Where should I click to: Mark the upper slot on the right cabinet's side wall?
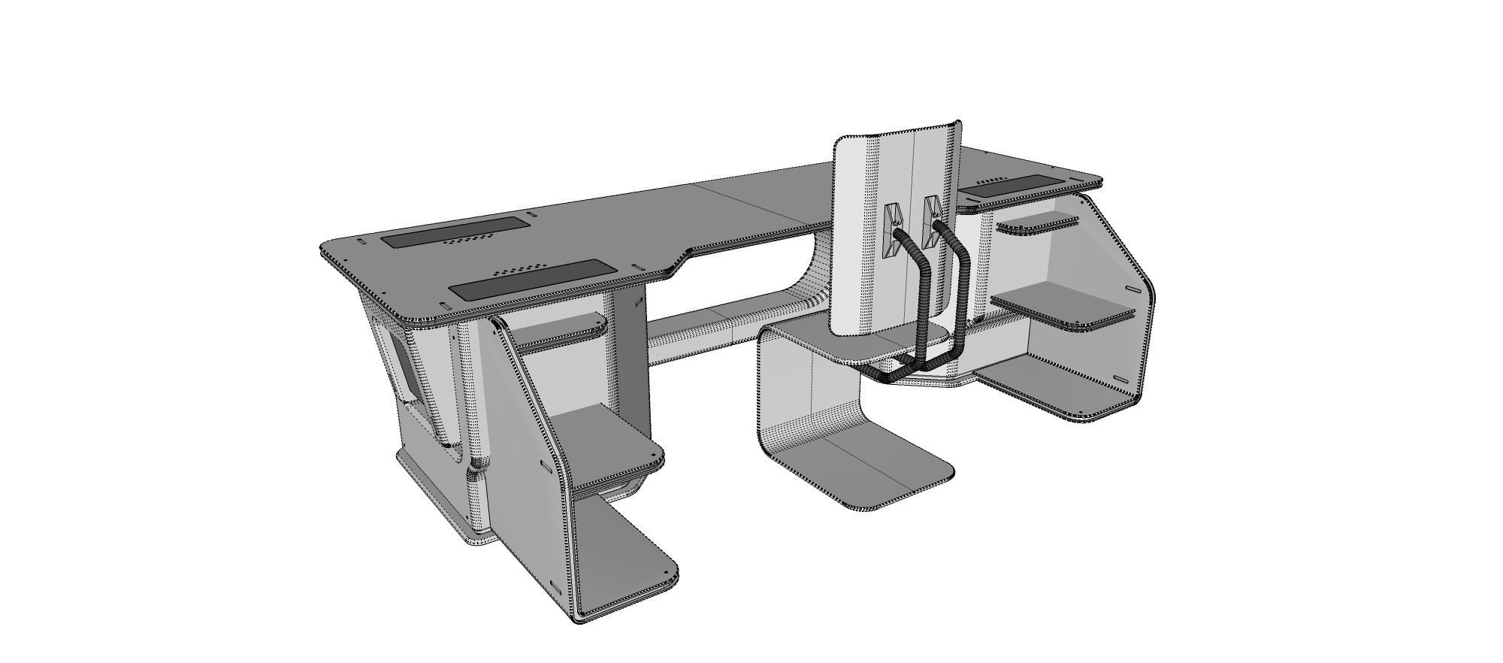click(1132, 290)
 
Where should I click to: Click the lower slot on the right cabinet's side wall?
click(1120, 379)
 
